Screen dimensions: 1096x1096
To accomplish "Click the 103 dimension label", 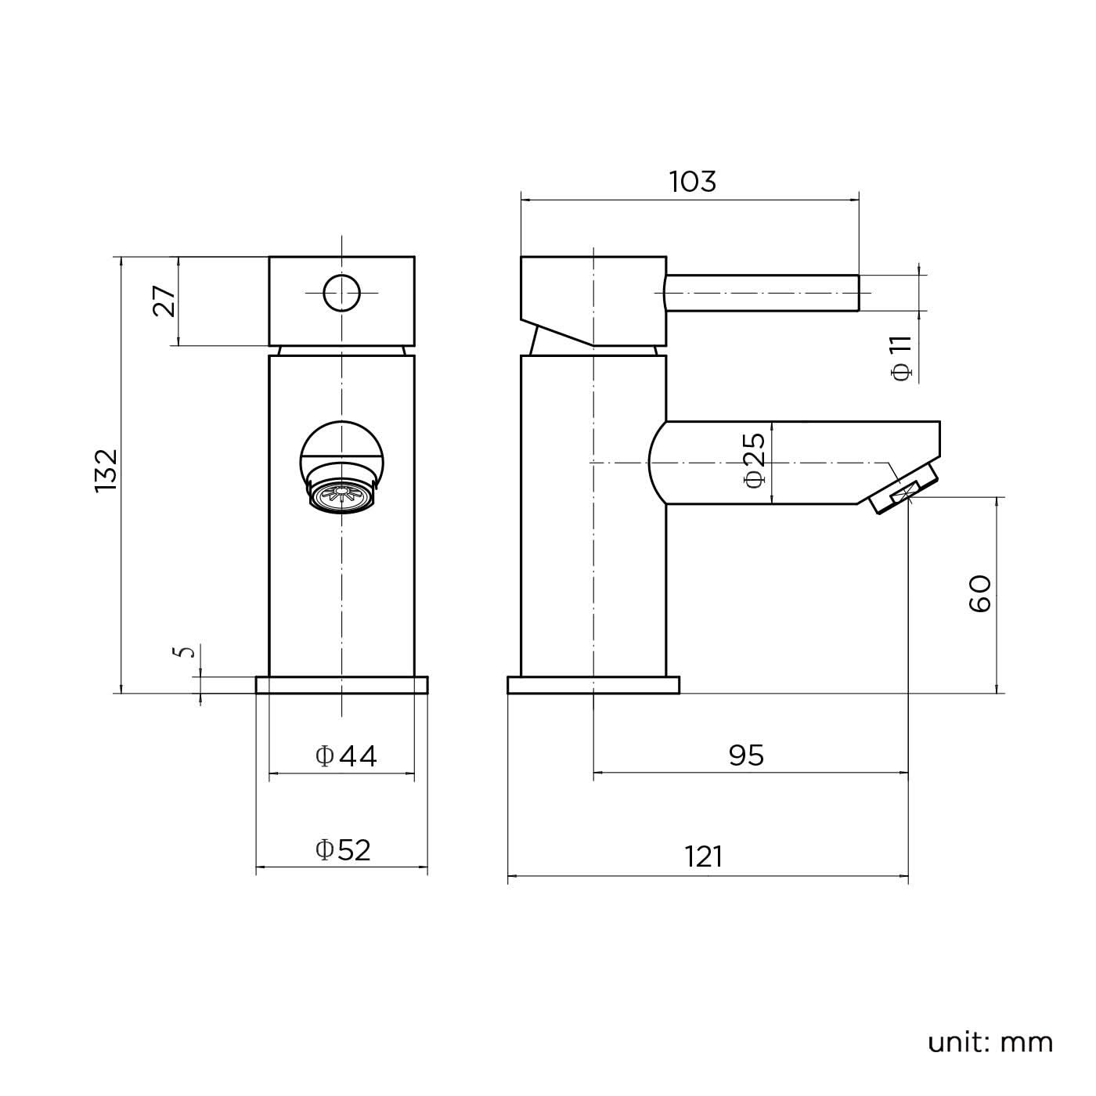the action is pyautogui.click(x=692, y=182).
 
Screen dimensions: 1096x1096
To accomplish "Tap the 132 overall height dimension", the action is pyautogui.click(x=106, y=470).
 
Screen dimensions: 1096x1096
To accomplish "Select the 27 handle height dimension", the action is pyautogui.click(x=164, y=301).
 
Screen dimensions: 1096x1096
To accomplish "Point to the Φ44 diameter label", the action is pyautogui.click(x=346, y=756).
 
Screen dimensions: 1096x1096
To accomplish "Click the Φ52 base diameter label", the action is pyautogui.click(x=343, y=850).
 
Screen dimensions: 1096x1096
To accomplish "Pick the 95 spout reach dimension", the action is pyautogui.click(x=746, y=755).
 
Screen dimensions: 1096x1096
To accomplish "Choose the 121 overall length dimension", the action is pyautogui.click(x=704, y=857).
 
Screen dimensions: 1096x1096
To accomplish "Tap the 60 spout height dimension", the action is pyautogui.click(x=979, y=593).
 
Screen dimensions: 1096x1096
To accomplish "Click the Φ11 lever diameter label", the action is pyautogui.click(x=902, y=358).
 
